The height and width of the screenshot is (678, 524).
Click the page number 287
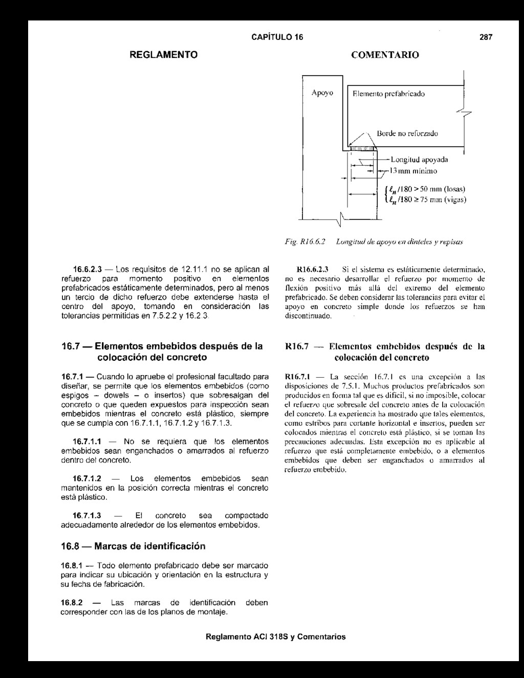[x=486, y=37]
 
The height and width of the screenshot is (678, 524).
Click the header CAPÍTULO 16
[x=277, y=37]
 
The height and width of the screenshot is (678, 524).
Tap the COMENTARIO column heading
[x=384, y=54]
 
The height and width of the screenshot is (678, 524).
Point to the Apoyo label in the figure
[x=322, y=93]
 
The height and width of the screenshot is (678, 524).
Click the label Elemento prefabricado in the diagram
[x=388, y=94]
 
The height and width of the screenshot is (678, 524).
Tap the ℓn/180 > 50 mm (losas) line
[x=427, y=189]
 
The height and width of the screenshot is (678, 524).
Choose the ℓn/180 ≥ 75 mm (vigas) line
[x=427, y=200]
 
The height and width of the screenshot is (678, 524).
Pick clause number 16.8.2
[x=72, y=602]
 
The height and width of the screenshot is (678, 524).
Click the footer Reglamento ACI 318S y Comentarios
[x=275, y=637]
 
